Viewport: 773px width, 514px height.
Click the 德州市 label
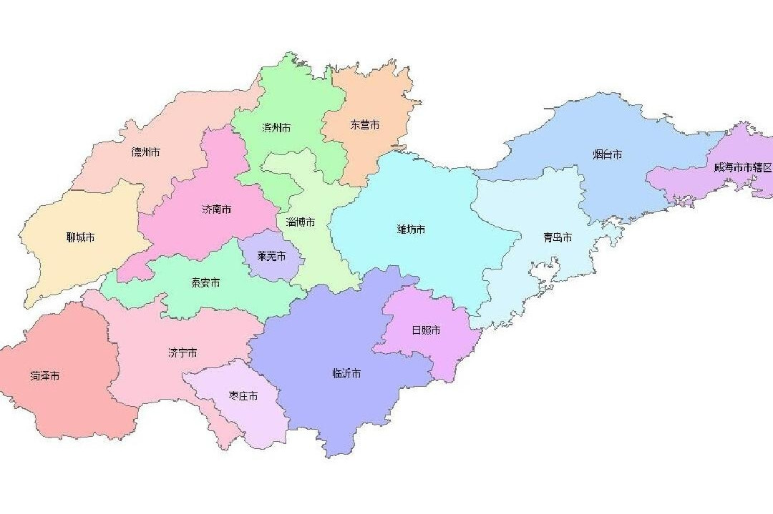[145, 152]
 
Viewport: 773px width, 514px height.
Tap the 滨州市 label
[276, 128]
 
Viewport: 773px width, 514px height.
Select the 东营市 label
[364, 124]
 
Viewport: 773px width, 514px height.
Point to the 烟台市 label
[607, 154]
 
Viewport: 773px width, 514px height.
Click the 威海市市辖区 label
[742, 167]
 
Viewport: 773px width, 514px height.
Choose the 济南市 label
[216, 210]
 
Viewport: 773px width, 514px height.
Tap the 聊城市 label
[80, 237]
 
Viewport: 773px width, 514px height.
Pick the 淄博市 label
[301, 222]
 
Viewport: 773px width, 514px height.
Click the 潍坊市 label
[411, 229]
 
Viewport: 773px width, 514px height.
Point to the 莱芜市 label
[271, 255]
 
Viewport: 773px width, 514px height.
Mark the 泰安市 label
[205, 282]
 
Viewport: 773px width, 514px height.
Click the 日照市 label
[426, 330]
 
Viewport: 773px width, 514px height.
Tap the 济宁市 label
[182, 352]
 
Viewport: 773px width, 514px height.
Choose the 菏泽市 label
[44, 375]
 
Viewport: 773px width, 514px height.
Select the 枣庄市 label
[243, 395]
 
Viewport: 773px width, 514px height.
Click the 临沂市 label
[346, 373]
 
